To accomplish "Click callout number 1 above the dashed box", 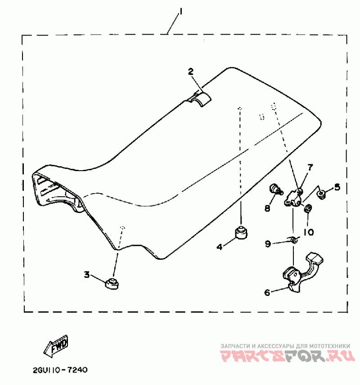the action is tap(181, 11).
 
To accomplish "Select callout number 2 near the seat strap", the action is tap(191, 72).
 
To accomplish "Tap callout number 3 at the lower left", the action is tap(87, 274).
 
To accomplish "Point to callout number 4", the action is tap(220, 246).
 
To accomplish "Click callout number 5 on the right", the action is tap(337, 187).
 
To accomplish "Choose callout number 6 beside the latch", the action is tap(267, 292).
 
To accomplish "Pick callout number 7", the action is tap(310, 168).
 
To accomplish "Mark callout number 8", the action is tap(267, 208).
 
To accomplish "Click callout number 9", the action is tap(268, 244).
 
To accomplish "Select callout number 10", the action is tap(308, 232).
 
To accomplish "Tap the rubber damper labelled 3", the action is tap(112, 284).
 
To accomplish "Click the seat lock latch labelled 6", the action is tap(302, 272).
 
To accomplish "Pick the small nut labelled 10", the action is tap(308, 208).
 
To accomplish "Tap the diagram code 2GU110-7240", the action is tap(60, 370).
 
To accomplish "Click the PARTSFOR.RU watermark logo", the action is tap(287, 356).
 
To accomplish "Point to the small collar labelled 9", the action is tap(293, 240).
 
